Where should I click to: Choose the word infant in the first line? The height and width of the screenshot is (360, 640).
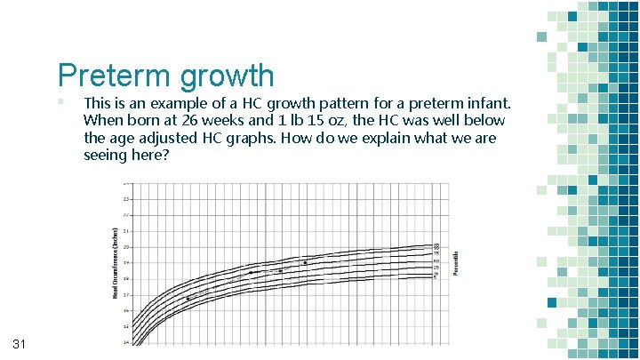pos(482,103)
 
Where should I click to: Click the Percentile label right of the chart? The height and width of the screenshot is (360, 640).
pos(457,261)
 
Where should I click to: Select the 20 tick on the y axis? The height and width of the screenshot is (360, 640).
pos(126,246)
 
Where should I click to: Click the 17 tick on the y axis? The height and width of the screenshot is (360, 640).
pos(126,294)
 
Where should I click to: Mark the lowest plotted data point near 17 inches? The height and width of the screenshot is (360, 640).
pos(188,299)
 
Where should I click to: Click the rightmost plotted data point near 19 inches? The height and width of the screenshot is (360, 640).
pos(305,263)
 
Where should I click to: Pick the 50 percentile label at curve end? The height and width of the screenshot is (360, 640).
pos(436,260)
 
